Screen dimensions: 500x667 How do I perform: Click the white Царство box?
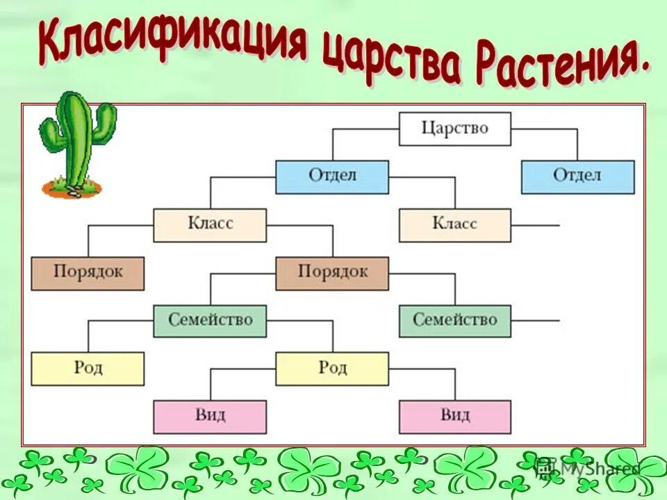455,128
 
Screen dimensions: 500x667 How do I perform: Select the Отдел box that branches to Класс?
331,176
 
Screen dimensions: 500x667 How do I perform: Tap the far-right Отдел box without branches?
577,176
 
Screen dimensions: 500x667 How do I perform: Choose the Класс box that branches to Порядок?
209,224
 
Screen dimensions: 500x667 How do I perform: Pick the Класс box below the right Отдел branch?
455,224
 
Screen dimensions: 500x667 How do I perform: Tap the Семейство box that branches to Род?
209,321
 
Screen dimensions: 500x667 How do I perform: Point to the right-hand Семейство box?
455,321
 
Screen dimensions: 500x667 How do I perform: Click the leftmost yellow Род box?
88,369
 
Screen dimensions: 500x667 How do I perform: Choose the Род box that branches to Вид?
332,369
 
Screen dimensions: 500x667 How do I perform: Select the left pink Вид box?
209,417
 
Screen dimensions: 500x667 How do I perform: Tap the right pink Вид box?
455,417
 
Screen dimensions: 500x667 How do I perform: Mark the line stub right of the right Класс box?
536,225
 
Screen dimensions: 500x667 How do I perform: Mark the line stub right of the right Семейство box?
536,321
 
